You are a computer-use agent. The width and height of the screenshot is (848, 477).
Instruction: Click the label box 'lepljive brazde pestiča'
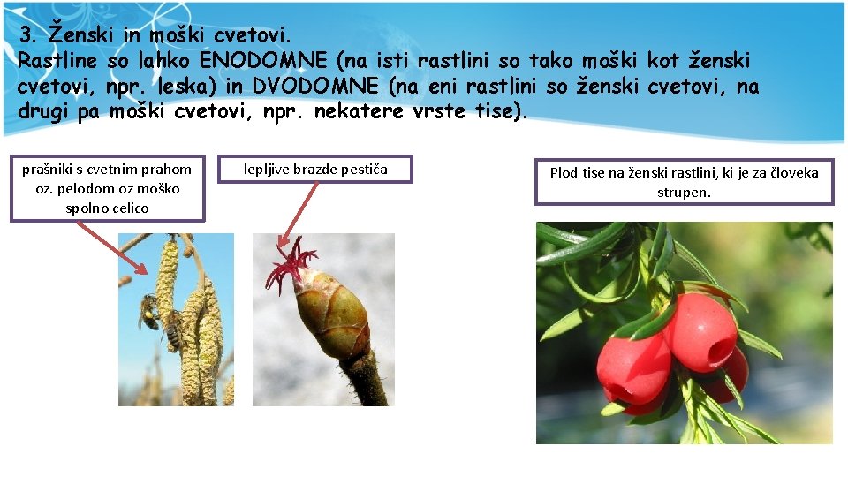(x=315, y=169)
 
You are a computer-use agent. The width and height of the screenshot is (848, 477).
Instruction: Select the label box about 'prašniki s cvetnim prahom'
(x=107, y=188)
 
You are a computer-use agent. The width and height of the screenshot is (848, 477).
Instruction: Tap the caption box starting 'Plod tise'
(x=684, y=182)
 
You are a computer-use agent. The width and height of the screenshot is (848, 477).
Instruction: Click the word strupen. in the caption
(x=684, y=192)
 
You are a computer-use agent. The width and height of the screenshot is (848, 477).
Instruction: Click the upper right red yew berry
(x=701, y=331)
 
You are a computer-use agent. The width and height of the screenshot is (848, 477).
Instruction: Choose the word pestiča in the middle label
(x=363, y=169)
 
